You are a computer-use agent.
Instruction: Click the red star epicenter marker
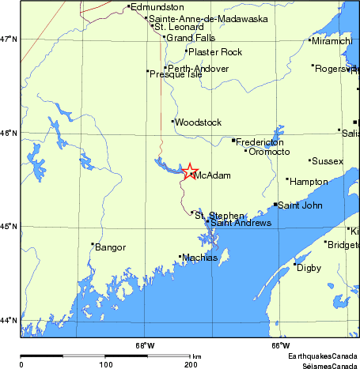point(190,171)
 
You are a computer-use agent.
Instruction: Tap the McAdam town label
point(212,175)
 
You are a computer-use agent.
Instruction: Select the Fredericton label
point(260,141)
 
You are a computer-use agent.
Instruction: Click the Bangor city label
point(111,247)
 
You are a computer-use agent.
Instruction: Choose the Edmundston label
point(156,7)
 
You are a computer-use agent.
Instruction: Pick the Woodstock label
point(198,122)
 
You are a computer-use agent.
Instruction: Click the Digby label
point(309,268)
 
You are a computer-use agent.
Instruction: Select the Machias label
point(199,258)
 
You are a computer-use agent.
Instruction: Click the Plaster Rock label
point(214,52)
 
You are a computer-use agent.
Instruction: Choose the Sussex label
point(328,161)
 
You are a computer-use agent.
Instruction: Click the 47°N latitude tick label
point(9,39)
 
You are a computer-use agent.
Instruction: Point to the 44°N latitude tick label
point(9,320)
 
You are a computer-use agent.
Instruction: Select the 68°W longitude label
point(145,345)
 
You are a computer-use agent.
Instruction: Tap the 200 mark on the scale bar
point(190,364)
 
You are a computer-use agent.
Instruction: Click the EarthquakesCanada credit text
point(322,357)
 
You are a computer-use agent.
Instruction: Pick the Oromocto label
point(270,152)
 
